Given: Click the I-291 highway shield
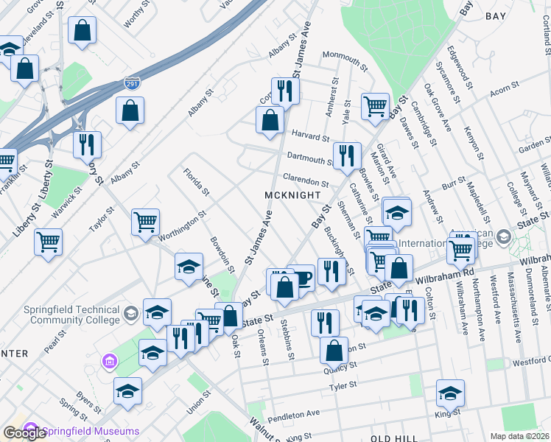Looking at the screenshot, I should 132,85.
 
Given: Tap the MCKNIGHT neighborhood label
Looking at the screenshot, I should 293,195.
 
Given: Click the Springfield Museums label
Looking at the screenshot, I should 91,431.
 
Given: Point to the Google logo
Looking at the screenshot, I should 24,433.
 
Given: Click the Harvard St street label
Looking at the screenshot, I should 309,136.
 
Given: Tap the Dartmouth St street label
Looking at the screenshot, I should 311,158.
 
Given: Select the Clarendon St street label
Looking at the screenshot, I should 305,180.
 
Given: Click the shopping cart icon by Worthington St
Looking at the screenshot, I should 145,221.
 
